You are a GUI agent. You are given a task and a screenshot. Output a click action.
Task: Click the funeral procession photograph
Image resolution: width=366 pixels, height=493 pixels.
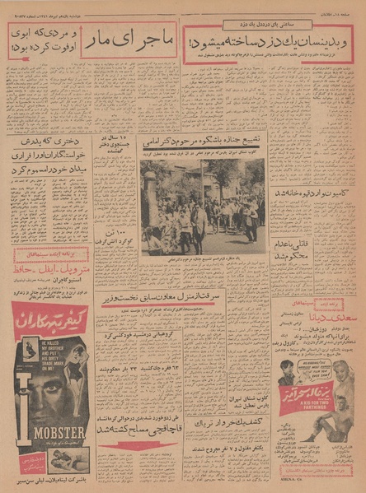203,207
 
